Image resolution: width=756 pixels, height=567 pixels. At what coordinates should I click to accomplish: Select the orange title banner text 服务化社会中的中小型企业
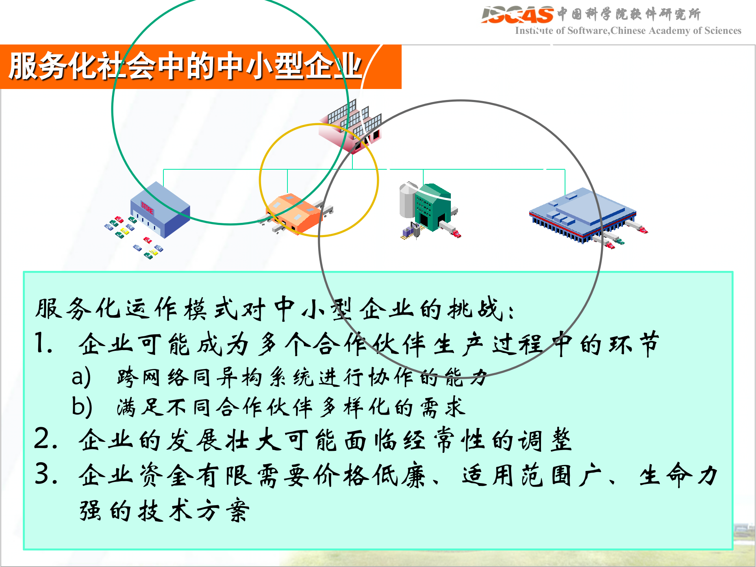pos(185,66)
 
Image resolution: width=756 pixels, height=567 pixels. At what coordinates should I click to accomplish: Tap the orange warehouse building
pos(295,213)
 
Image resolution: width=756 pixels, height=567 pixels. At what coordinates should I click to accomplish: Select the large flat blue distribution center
pos(583,215)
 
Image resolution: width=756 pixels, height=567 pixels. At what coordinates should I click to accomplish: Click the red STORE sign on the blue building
pos(147,208)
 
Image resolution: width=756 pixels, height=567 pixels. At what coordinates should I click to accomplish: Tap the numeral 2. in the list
pos(46,439)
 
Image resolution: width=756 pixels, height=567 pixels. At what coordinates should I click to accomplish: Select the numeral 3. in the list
pos(46,474)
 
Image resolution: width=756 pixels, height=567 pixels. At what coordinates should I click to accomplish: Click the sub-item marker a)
pos(81,376)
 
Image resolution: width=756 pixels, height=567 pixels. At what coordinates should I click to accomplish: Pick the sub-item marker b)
pos(82,406)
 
